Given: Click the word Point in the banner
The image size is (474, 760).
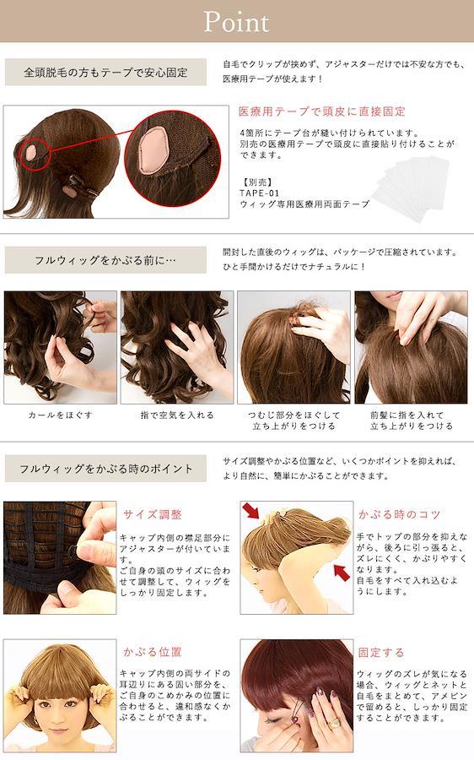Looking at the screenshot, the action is [x=236, y=22].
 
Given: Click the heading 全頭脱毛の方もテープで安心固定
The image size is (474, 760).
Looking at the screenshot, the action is [x=105, y=73].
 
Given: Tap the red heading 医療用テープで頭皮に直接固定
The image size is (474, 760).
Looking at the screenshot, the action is [x=322, y=111].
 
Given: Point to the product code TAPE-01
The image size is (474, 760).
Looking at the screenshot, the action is [x=259, y=193].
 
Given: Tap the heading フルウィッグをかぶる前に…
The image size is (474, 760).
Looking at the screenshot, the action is [x=105, y=260].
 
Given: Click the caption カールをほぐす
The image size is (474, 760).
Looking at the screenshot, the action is [x=60, y=415].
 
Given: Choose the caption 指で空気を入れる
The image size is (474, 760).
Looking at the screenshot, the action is [x=177, y=415].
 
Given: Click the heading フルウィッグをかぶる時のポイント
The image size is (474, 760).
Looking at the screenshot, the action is [x=106, y=469].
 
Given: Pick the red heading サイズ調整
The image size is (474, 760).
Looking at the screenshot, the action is [x=152, y=514].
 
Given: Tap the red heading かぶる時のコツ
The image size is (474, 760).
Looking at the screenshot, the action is [x=399, y=514].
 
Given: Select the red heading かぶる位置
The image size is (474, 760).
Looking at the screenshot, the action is [x=152, y=652].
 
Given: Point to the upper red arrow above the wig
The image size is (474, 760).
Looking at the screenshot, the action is [x=250, y=511].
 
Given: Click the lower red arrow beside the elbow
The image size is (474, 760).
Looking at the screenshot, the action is [x=342, y=573].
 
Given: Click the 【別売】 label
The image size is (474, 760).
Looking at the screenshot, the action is [x=256, y=182].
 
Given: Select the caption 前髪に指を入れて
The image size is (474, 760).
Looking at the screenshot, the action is [x=407, y=415].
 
